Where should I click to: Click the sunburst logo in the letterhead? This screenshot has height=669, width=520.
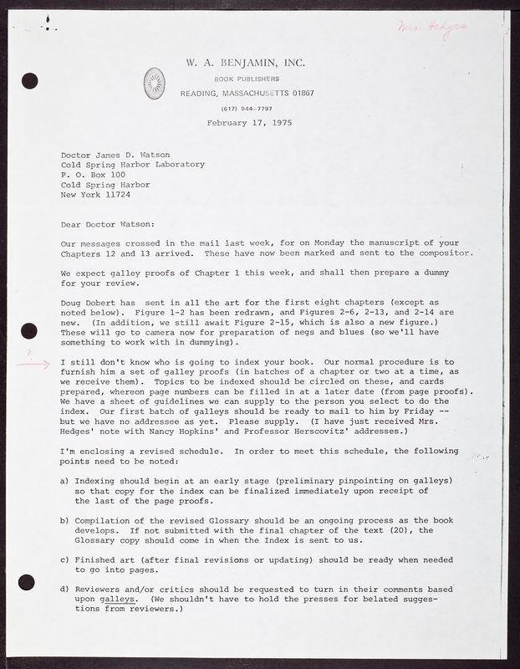[155, 82]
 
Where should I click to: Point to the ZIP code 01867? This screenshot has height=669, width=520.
[298, 92]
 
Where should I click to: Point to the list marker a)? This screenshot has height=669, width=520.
[64, 481]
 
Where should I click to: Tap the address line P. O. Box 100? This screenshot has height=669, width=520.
[97, 175]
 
